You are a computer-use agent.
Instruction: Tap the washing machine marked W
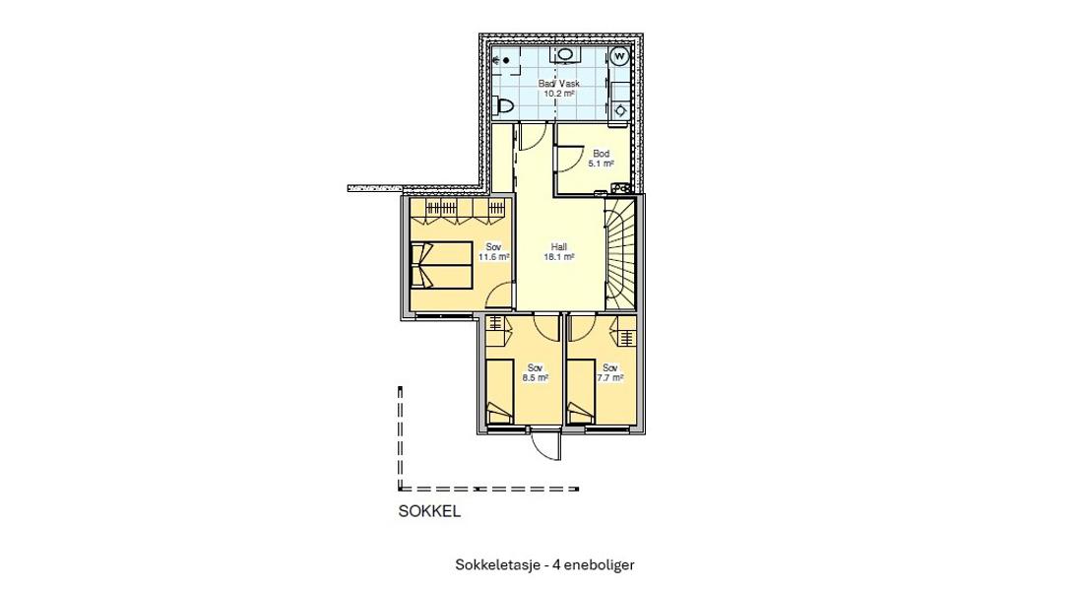[619, 57]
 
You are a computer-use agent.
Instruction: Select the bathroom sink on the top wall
[564, 55]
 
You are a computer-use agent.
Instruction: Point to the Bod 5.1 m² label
[602, 159]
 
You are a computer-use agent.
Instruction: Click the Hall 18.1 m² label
[558, 252]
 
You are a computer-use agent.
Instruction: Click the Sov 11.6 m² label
[493, 252]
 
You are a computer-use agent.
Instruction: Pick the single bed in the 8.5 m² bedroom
[500, 391]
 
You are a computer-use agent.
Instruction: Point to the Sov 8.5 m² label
[535, 372]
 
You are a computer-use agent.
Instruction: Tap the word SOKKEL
[429, 511]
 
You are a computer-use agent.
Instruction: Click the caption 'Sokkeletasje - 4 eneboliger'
[544, 565]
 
